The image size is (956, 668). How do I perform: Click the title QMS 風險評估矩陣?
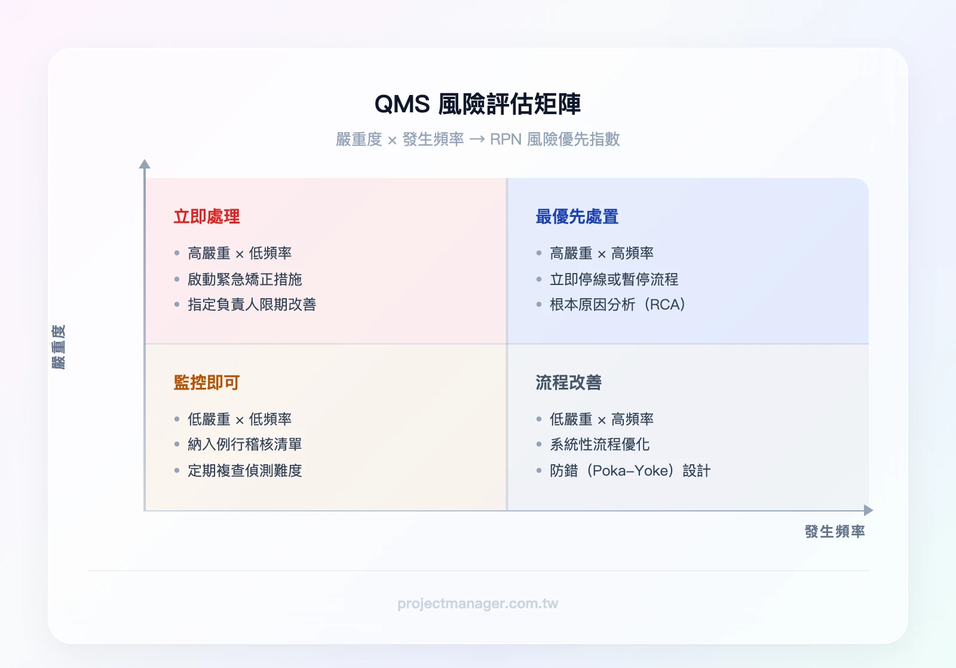(477, 104)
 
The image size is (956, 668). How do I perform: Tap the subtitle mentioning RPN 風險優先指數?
(477, 139)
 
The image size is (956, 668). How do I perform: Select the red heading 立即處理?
(207, 216)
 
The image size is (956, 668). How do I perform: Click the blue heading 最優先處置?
(577, 216)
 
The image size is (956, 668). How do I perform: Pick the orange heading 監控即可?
(207, 382)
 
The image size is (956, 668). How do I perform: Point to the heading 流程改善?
(568, 382)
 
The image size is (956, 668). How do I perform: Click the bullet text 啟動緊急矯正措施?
(244, 279)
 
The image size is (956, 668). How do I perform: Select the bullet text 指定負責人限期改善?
(252, 305)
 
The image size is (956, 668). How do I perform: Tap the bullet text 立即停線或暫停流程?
(614, 279)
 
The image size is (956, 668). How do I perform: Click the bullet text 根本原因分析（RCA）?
(617, 305)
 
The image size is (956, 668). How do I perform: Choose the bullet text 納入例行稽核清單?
(244, 445)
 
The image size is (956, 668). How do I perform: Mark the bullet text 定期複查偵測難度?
(244, 471)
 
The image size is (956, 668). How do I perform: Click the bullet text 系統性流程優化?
(599, 445)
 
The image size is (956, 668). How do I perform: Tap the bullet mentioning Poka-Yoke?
(630, 471)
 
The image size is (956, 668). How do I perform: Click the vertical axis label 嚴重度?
(59, 347)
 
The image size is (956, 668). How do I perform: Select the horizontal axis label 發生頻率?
(834, 531)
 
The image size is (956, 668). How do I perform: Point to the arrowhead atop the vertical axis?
(145, 164)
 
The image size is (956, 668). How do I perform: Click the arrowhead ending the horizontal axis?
(869, 510)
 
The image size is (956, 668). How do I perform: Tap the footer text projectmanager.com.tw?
(477, 603)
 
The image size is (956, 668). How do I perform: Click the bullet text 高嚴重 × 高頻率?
(601, 253)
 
